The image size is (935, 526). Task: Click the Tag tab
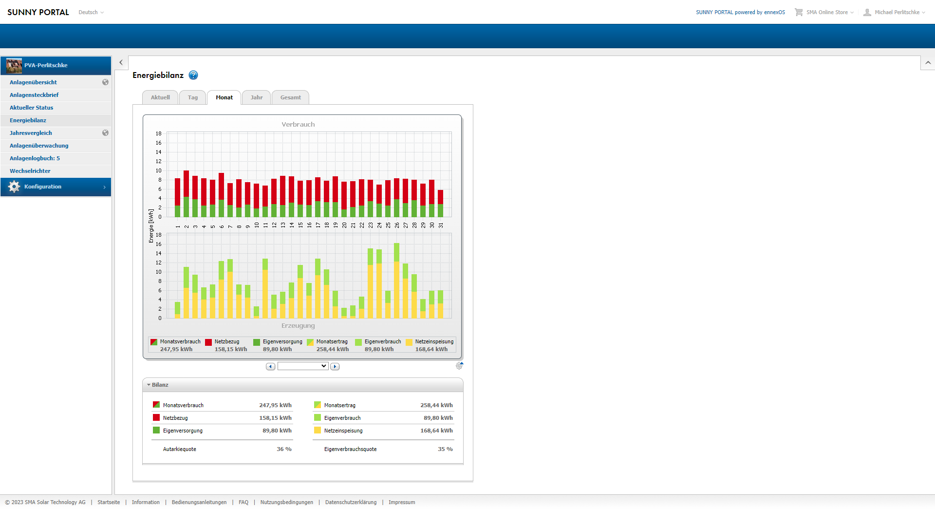tap(193, 97)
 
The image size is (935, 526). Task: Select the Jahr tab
tap(257, 97)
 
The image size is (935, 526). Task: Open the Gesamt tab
tap(291, 97)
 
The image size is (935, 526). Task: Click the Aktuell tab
tap(160, 97)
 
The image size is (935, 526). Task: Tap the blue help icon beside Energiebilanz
tap(193, 75)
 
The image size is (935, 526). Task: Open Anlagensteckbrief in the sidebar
tap(34, 95)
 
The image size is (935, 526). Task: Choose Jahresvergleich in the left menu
tap(31, 133)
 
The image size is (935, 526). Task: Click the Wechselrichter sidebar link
tap(30, 171)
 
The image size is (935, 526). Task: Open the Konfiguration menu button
tap(56, 187)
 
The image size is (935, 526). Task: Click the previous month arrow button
tap(271, 366)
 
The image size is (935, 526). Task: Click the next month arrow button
tap(335, 366)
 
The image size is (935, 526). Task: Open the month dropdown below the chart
tap(303, 366)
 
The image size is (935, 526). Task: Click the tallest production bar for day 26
tap(397, 281)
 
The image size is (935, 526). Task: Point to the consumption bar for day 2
tap(187, 194)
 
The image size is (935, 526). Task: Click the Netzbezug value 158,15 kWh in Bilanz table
tap(275, 418)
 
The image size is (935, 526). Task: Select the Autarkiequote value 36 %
tap(284, 449)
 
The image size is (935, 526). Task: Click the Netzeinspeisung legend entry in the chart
tap(430, 345)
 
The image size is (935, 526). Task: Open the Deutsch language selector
tap(91, 12)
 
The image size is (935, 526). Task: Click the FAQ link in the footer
tap(243, 502)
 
